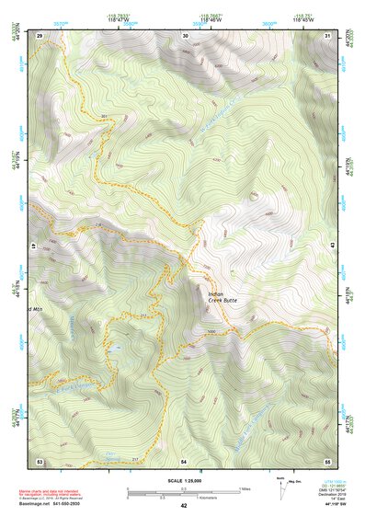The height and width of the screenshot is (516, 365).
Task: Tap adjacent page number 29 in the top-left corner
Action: pyautogui.click(x=40, y=35)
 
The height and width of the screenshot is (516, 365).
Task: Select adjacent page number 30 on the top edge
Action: pyautogui.click(x=185, y=35)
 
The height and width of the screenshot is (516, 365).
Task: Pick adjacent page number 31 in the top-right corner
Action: pyautogui.click(x=328, y=35)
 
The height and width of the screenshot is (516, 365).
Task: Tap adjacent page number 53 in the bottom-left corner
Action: pyautogui.click(x=40, y=460)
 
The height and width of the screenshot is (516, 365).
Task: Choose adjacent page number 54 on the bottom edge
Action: pyautogui.click(x=184, y=460)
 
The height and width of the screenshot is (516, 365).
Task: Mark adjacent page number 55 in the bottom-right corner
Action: pyautogui.click(x=327, y=460)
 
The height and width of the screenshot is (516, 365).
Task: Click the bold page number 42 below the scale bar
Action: pyautogui.click(x=184, y=505)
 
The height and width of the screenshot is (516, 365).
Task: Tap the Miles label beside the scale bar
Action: pyautogui.click(x=245, y=488)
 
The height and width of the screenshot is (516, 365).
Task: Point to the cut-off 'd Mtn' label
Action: pyautogui.click(x=36, y=307)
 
